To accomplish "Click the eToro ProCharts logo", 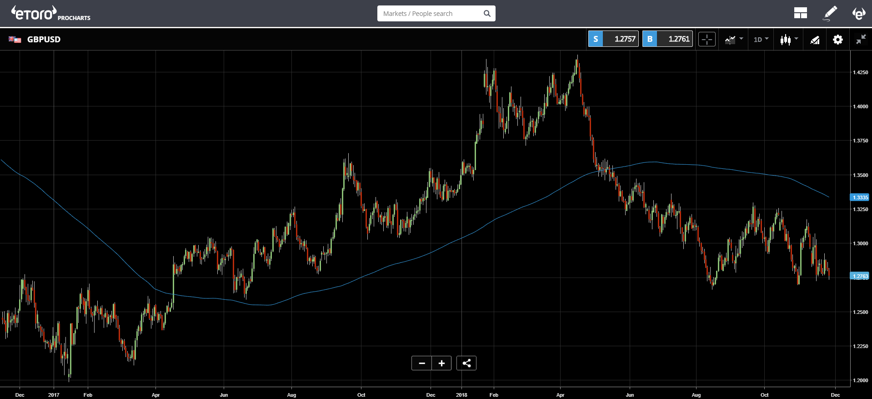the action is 51,13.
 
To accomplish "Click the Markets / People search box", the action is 436,14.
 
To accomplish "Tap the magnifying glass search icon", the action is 487,14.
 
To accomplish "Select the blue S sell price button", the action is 613,39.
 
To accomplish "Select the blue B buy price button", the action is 667,39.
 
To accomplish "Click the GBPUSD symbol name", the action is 44,39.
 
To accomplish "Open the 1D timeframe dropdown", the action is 761,40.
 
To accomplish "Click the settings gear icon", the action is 838,40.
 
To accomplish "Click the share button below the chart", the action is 466,363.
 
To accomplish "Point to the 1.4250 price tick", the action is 860,72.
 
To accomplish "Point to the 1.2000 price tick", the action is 860,380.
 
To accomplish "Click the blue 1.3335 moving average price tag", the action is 860,197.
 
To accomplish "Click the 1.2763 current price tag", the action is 860,276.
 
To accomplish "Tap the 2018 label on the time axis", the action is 461,395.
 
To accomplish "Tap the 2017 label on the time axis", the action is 54,395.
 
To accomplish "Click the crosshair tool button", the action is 707,40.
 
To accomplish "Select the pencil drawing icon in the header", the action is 830,13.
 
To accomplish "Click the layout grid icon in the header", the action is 801,13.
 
